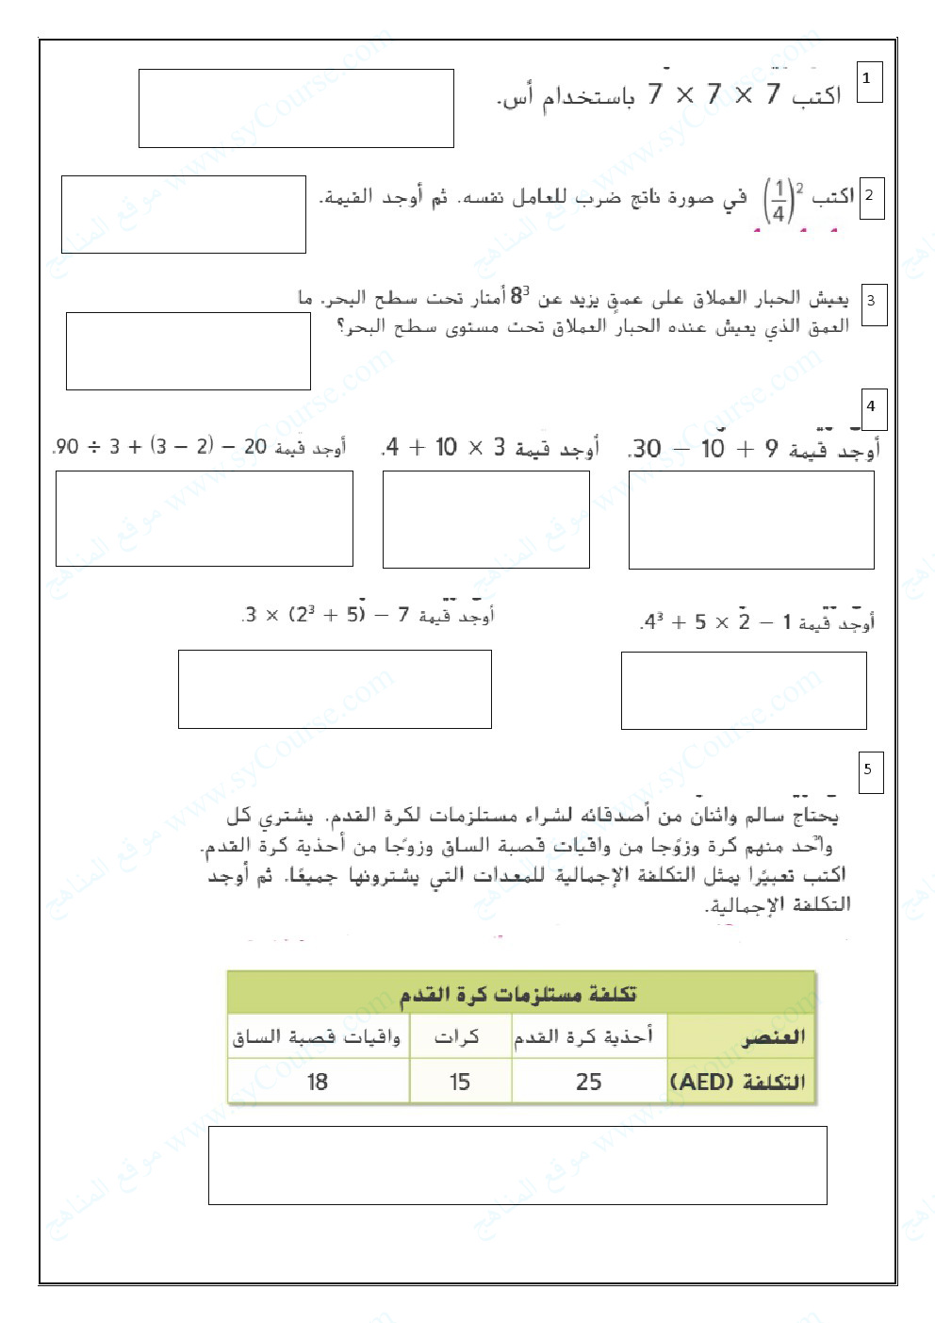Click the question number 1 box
(869, 82)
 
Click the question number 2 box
(871, 196)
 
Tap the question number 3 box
(873, 303)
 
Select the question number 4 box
(874, 406)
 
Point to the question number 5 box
(870, 770)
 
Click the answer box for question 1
(296, 108)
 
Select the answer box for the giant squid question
(189, 351)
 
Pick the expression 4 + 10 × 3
(447, 447)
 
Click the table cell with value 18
(318, 1082)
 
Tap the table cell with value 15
(460, 1082)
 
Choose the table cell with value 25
(588, 1082)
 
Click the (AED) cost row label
(739, 1082)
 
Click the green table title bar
(520, 994)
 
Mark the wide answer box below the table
(517, 1166)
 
